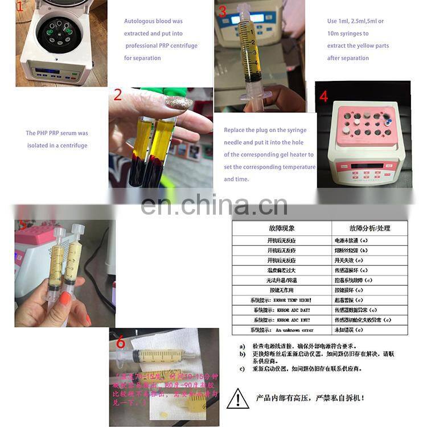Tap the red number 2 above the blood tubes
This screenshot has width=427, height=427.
click(118, 95)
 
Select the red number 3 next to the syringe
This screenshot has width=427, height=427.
click(222, 11)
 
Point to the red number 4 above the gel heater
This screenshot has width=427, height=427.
click(323, 96)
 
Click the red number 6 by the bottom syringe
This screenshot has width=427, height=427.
click(120, 342)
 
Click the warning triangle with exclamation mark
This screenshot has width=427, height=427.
click(238, 398)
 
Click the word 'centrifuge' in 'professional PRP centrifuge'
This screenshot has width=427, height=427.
click(183, 46)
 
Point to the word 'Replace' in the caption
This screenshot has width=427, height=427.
click(234, 130)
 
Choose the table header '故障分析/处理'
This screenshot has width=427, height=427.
click(362, 228)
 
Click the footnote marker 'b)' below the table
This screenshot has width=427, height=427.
click(242, 354)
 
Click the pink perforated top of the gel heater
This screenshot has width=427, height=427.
click(362, 124)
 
